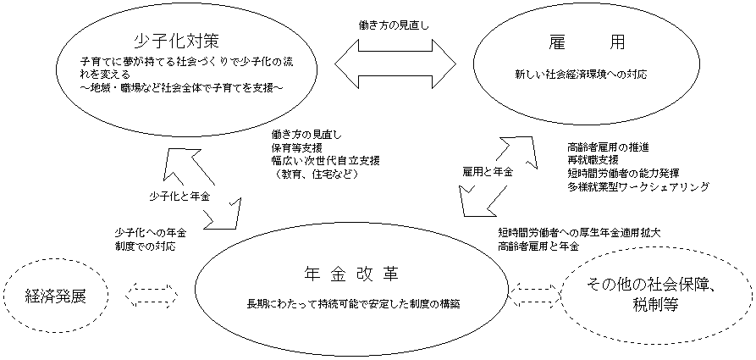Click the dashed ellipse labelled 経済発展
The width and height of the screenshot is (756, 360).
click(x=57, y=296)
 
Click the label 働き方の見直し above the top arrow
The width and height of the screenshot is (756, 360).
click(x=394, y=25)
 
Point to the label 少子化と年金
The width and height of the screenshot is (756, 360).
click(x=179, y=196)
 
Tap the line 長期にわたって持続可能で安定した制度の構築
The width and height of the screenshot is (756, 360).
click(x=354, y=304)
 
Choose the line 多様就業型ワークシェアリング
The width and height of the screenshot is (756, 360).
click(x=637, y=186)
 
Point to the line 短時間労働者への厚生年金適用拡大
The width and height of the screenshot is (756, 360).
click(x=580, y=232)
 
